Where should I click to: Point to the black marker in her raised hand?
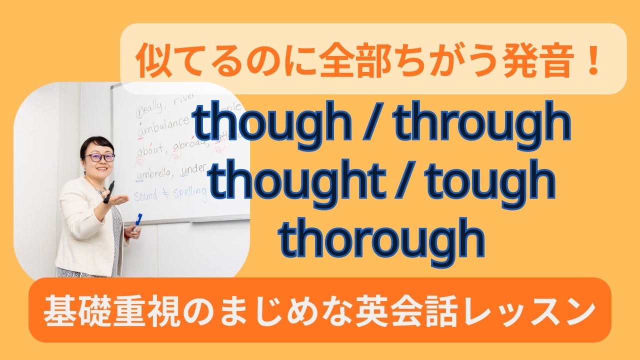108,192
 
